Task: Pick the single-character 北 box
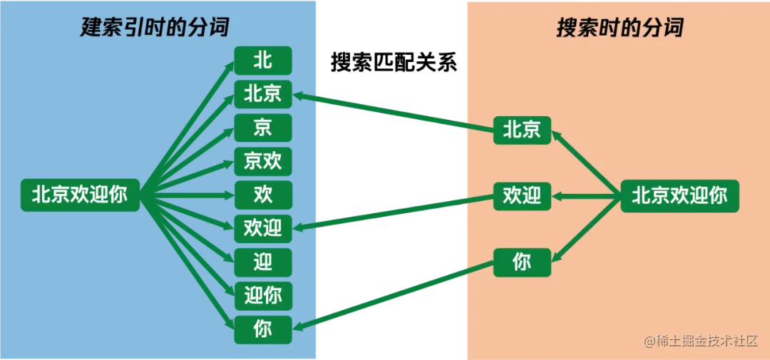[263, 60]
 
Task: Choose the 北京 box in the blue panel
[263, 93]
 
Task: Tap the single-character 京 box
[263, 127]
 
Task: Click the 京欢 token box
[263, 161]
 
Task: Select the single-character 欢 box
[263, 195]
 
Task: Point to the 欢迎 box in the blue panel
[263, 228]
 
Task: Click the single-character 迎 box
[263, 262]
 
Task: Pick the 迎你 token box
[263, 295]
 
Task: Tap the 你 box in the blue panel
[263, 329]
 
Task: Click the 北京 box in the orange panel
[522, 130]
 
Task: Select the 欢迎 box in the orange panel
[522, 195]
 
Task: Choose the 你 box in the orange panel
[522, 262]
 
